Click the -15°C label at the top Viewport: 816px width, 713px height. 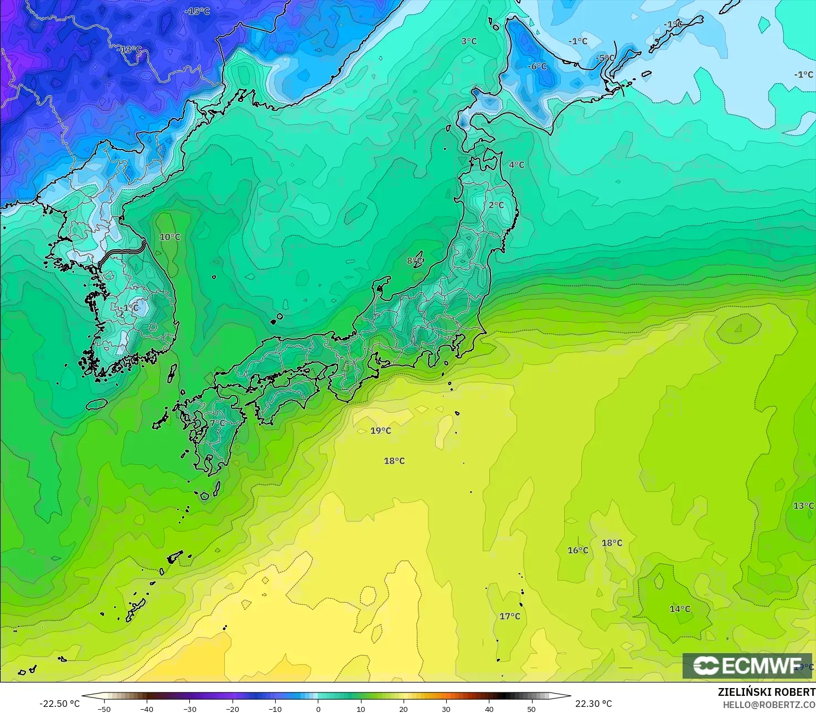click(x=197, y=11)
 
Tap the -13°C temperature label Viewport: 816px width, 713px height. click(x=130, y=49)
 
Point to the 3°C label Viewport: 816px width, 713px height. click(x=469, y=41)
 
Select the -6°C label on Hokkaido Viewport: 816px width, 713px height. click(x=536, y=66)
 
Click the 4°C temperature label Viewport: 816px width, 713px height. click(x=517, y=165)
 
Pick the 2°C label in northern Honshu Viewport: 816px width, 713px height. click(x=497, y=205)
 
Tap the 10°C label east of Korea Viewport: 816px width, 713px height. click(x=170, y=237)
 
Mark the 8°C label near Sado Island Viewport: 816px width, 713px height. click(x=415, y=261)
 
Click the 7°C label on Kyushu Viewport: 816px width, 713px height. click(x=218, y=423)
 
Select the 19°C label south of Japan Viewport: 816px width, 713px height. click(x=381, y=430)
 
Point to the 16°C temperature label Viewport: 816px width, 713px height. click(x=578, y=550)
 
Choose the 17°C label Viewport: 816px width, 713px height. click(x=510, y=616)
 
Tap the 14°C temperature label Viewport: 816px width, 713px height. click(x=680, y=609)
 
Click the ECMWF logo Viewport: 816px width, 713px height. click(x=747, y=666)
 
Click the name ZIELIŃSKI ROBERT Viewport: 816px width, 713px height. click(x=766, y=692)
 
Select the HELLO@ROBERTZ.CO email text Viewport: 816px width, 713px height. click(x=769, y=704)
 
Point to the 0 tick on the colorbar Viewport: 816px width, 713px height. click(x=318, y=709)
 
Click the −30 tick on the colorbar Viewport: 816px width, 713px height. click(x=190, y=709)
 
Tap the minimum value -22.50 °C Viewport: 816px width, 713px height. click(x=60, y=704)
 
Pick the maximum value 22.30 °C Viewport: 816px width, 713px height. click(x=593, y=704)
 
